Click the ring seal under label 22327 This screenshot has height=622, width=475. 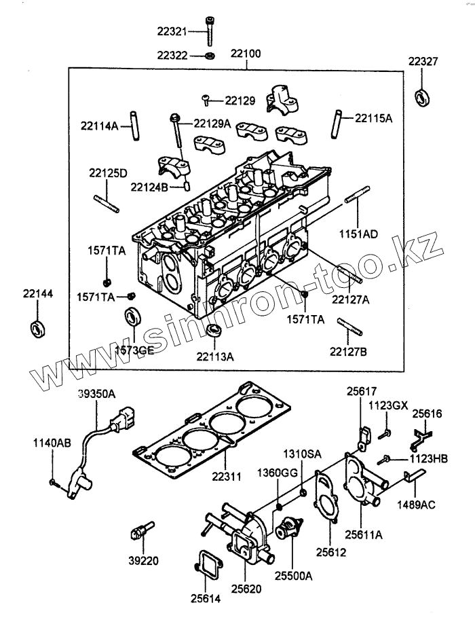(423, 96)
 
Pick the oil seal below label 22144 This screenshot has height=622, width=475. (37, 327)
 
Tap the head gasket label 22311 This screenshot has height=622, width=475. (226, 478)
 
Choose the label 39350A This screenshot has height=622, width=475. (96, 394)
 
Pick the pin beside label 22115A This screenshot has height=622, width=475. (337, 123)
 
